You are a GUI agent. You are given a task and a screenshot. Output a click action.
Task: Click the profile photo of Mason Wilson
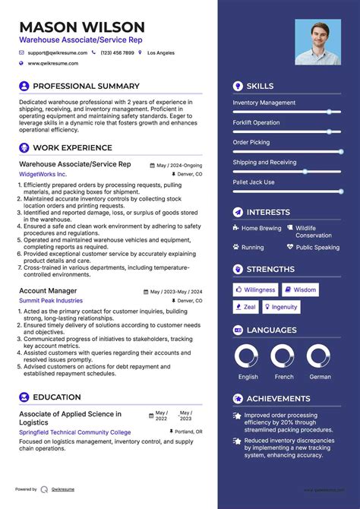(318, 43)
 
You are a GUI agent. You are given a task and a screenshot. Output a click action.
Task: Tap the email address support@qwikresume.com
(58, 53)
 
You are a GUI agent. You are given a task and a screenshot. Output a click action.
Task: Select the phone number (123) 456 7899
(118, 53)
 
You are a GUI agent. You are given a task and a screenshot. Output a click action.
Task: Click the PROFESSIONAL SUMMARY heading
(86, 87)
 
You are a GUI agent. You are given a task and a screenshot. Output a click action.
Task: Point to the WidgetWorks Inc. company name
(43, 174)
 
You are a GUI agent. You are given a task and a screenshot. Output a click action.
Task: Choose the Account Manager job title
(48, 291)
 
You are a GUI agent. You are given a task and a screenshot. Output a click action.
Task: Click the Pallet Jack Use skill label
(254, 182)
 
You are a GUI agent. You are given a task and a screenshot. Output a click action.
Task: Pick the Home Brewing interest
(261, 228)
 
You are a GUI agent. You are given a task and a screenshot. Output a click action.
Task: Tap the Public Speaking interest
(317, 247)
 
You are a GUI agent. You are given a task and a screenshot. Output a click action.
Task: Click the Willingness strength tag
(255, 289)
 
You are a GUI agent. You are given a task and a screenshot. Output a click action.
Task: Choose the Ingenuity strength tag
(280, 307)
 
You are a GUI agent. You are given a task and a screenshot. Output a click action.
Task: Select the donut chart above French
(283, 356)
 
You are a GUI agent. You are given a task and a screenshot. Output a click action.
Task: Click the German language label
(319, 377)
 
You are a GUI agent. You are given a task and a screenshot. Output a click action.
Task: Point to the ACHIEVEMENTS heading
(278, 399)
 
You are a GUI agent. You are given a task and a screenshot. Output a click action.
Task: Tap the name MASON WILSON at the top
(82, 27)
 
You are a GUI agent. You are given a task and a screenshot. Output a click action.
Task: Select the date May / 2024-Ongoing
(179, 165)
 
